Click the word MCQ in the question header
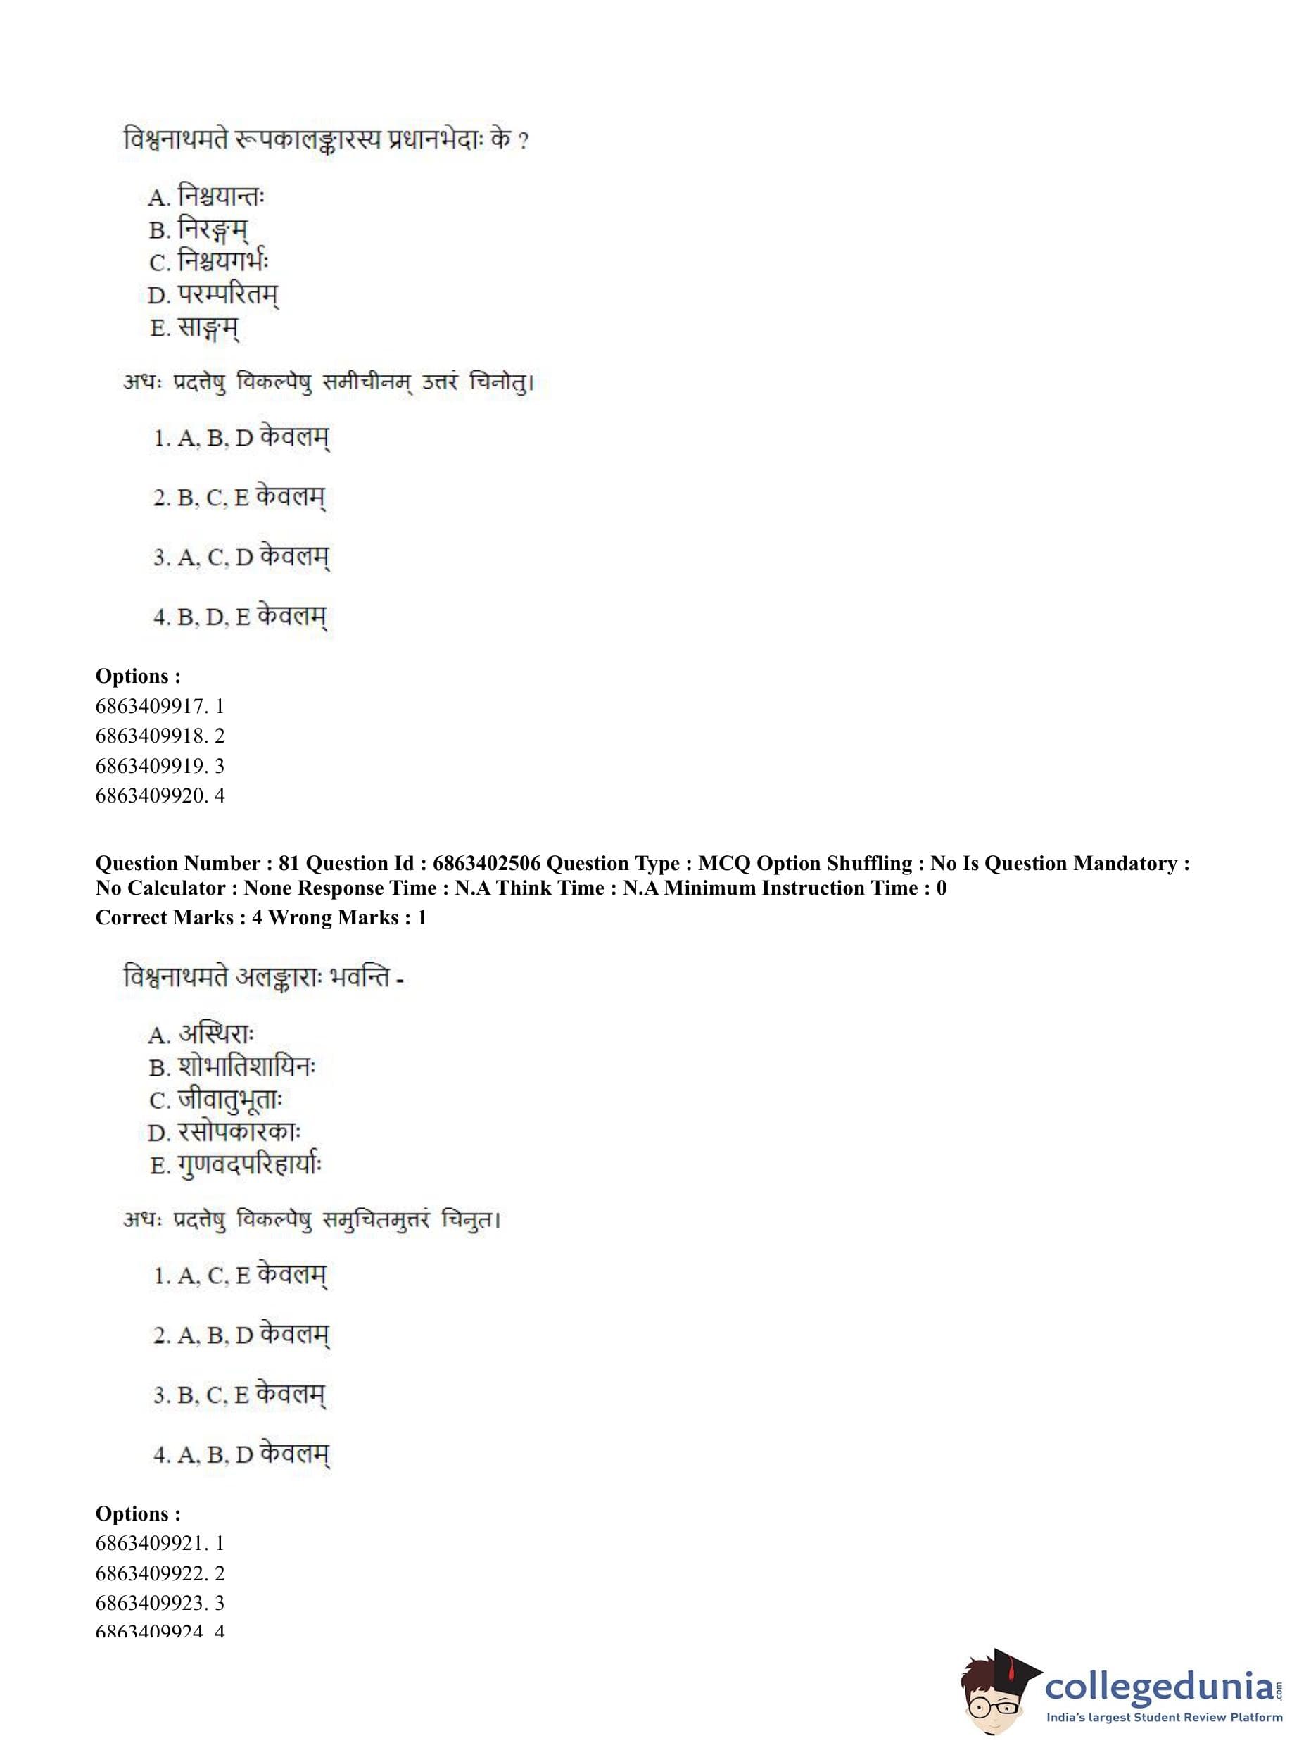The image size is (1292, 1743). (724, 864)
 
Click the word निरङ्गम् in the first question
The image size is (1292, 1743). (213, 230)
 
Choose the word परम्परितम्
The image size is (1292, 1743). (227, 295)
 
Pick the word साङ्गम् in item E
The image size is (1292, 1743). (208, 328)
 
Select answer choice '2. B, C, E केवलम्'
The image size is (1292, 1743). (239, 498)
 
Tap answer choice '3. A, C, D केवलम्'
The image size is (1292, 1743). (241, 557)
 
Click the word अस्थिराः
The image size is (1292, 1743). (216, 1035)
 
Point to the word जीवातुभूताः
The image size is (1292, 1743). (229, 1100)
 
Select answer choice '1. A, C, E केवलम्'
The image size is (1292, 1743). (240, 1276)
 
